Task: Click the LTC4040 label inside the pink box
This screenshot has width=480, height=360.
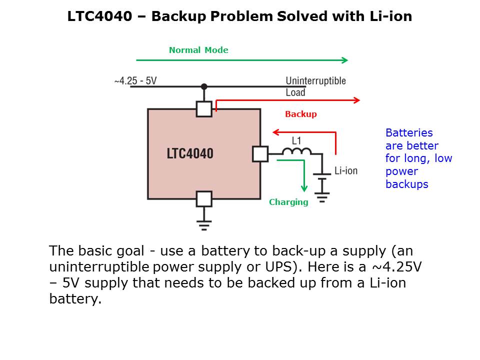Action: click(x=190, y=153)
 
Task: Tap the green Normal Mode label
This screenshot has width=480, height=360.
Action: click(x=198, y=50)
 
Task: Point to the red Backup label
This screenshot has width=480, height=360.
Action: click(x=300, y=114)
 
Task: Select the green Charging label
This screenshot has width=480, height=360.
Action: click(x=288, y=202)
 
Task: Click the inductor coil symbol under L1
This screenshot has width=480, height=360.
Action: click(x=296, y=151)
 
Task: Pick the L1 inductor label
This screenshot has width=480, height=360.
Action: click(x=296, y=140)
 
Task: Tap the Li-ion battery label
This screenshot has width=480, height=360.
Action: click(x=346, y=171)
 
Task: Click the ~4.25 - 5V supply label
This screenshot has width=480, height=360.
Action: click(x=135, y=80)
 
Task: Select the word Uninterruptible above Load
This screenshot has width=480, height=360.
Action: click(x=315, y=80)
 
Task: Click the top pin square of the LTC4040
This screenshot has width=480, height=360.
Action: click(x=204, y=109)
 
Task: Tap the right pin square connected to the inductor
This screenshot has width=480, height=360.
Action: click(x=260, y=154)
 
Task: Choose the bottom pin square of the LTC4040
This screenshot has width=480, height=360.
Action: click(x=204, y=199)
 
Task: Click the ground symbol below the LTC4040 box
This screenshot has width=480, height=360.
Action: click(x=204, y=224)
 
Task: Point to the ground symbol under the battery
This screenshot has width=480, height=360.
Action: click(x=322, y=196)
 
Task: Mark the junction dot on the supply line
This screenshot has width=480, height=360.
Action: click(x=204, y=87)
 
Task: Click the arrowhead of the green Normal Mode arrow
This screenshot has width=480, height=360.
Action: click(x=344, y=60)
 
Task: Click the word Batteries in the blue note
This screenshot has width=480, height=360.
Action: click(x=409, y=133)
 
